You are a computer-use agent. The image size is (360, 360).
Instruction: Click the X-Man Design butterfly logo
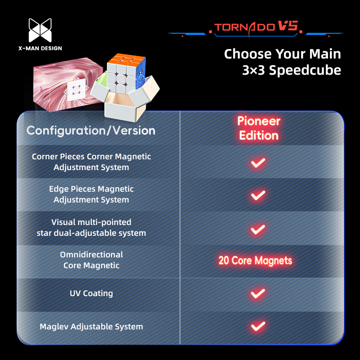pos(40,30)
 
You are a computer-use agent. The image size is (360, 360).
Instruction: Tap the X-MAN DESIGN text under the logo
pos(40,48)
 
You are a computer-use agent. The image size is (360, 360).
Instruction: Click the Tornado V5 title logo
pos(256,27)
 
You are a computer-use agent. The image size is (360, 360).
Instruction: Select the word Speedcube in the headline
pos(305,70)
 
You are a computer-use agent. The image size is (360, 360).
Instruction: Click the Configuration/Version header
pos(91,130)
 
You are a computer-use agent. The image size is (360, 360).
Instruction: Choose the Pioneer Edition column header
pos(259,128)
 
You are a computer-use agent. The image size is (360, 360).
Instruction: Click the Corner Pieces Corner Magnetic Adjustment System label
pos(91,162)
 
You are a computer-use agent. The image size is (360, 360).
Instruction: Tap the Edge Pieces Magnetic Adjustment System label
pos(91,194)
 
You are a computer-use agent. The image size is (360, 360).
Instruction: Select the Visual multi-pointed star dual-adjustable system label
pos(91,228)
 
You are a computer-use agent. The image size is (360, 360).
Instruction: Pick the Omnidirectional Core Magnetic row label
pos(91,260)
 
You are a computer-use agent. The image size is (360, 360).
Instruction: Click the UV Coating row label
pos(91,293)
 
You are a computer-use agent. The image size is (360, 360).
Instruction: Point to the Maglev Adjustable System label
pos(91,327)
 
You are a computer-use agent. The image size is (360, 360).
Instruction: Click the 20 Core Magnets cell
pos(255,261)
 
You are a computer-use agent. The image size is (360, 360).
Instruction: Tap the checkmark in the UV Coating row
pos(258,294)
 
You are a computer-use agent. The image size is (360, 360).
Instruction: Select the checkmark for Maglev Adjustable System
pos(258,326)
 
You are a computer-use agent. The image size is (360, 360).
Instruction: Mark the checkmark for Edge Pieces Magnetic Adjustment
pos(258,196)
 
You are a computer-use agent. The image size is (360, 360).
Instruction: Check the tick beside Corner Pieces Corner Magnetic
pos(258,163)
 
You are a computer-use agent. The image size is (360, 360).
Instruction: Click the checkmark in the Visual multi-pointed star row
pos(258,229)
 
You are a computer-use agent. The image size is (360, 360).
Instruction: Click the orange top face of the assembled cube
pos(127,59)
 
